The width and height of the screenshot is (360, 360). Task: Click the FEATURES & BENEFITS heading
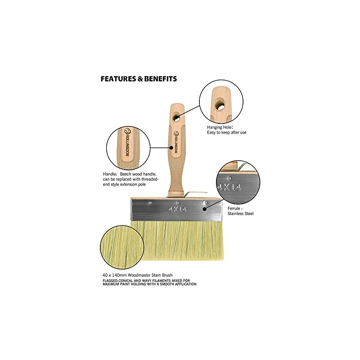(x=139, y=79)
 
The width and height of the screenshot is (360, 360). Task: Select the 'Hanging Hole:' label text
(x=220, y=127)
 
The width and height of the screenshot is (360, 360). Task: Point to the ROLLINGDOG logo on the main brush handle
(x=175, y=142)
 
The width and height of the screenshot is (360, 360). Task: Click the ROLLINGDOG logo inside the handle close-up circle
(x=127, y=142)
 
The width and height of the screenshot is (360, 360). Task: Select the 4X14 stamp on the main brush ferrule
(x=177, y=209)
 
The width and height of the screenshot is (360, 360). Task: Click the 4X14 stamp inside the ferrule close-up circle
(x=229, y=188)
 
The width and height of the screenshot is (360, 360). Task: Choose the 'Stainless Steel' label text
(x=240, y=213)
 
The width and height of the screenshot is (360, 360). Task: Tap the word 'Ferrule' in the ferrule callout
(x=234, y=208)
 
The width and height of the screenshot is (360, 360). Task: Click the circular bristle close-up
(x=122, y=247)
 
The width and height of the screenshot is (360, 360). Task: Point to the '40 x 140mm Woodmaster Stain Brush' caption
(x=137, y=275)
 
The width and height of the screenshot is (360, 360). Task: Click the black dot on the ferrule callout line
(x=204, y=209)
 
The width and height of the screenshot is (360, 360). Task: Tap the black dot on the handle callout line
(x=171, y=148)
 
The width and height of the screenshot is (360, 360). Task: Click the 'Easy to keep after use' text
(x=227, y=132)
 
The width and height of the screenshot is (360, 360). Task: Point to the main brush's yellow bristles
(x=177, y=241)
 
